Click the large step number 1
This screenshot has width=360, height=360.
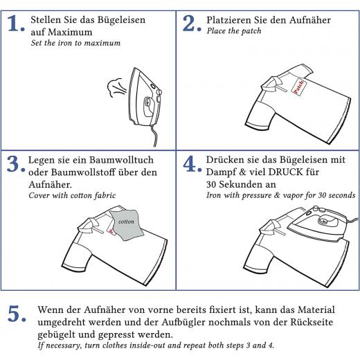coord(15,26)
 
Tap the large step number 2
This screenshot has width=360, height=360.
coord(192,25)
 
